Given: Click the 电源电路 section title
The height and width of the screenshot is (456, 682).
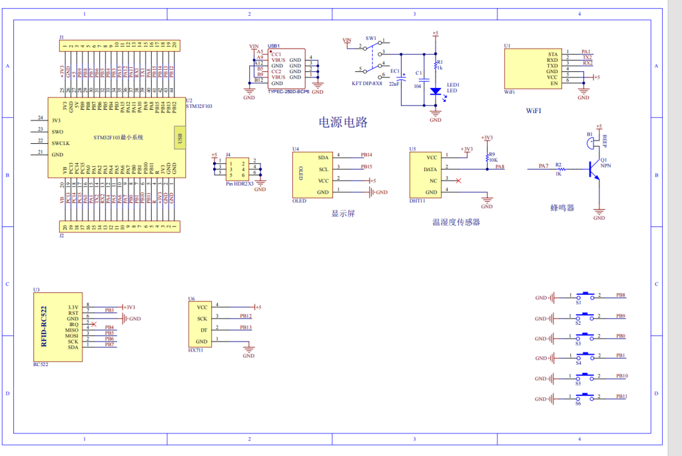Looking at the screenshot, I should click(x=343, y=122).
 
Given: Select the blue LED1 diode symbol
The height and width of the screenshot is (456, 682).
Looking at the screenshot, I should click(x=436, y=91).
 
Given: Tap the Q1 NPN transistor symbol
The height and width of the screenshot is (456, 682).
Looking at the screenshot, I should click(x=592, y=169).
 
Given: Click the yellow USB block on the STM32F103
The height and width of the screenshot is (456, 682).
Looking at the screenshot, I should click(x=178, y=138).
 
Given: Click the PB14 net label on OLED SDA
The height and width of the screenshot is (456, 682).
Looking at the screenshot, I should click(x=366, y=154).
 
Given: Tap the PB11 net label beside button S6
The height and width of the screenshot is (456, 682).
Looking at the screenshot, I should click(x=621, y=397).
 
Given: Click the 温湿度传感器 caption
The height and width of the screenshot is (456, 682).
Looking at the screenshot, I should click(x=456, y=222).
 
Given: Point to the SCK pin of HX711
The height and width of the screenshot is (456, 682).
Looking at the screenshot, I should click(x=202, y=318).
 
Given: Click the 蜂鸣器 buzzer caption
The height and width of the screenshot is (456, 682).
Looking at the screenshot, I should click(x=562, y=208).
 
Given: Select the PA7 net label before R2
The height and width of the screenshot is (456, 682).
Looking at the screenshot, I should click(x=543, y=166).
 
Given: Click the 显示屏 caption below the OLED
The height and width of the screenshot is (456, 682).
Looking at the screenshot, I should click(x=343, y=214).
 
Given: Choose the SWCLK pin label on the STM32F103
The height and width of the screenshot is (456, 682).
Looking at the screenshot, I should click(x=61, y=143).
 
